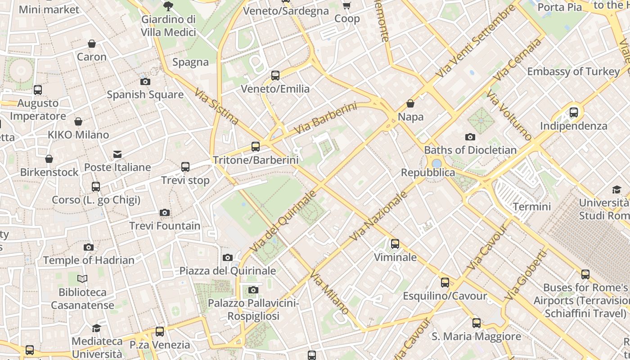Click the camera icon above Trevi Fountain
click(x=165, y=212)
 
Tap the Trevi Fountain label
click(x=165, y=225)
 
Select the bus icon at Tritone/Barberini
click(x=255, y=146)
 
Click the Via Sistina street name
click(x=216, y=106)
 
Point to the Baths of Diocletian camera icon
click(x=470, y=137)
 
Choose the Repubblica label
click(x=428, y=172)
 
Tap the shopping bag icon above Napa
click(x=410, y=103)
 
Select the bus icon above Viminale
click(x=395, y=244)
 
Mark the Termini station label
click(x=532, y=207)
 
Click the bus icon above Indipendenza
click(x=574, y=112)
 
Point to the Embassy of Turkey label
click(x=573, y=72)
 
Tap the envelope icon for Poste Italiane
click(x=117, y=154)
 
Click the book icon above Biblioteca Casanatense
click(x=82, y=279)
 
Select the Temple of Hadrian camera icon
click(x=89, y=247)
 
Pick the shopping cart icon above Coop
click(x=347, y=5)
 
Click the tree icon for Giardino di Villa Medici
click(x=168, y=6)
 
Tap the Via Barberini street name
click(x=326, y=118)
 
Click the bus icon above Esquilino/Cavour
click(x=445, y=283)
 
